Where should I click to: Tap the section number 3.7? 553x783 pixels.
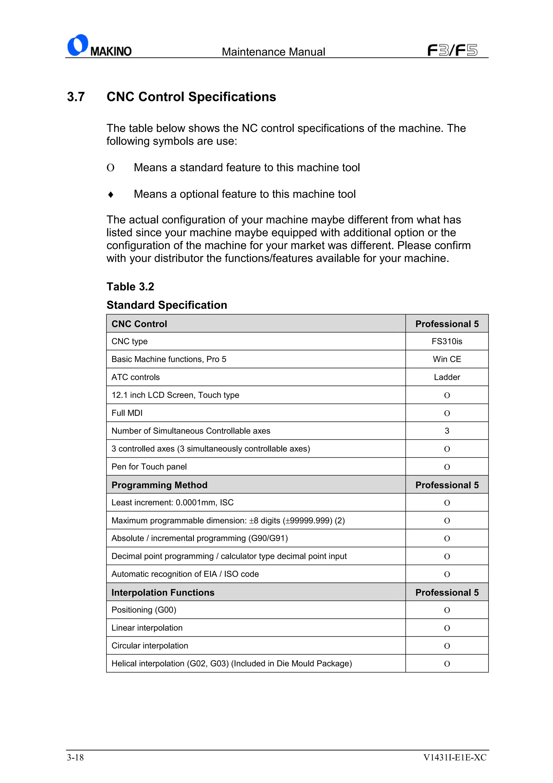[76, 97]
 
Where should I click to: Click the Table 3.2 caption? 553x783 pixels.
[130, 286]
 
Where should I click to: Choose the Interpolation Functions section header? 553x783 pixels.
[163, 592]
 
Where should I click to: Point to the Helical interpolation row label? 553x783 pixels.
[231, 663]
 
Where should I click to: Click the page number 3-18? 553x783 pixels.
[75, 757]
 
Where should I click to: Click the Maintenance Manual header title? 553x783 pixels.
[273, 52]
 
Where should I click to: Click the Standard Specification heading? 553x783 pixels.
[167, 305]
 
